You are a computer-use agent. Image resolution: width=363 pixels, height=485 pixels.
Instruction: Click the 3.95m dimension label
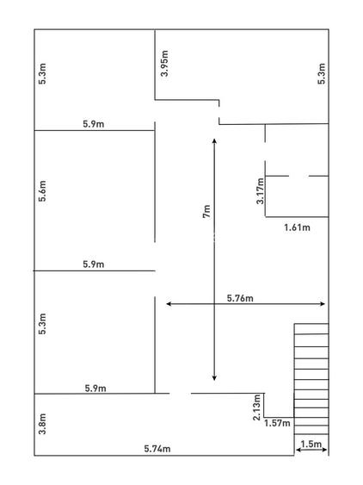(x=164, y=64)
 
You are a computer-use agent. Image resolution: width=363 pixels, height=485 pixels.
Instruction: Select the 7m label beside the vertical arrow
(x=206, y=211)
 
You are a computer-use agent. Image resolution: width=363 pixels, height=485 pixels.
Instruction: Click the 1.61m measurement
(x=297, y=227)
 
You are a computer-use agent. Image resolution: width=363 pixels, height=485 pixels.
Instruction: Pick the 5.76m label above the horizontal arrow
(x=240, y=298)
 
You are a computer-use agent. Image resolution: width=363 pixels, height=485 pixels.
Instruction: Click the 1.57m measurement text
(x=277, y=423)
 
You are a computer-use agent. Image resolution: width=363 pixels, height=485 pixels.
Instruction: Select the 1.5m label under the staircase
(x=311, y=445)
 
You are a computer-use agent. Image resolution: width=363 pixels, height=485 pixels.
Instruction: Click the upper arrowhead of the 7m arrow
(x=214, y=140)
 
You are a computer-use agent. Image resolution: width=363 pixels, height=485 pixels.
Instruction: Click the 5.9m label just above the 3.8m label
(x=95, y=389)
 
